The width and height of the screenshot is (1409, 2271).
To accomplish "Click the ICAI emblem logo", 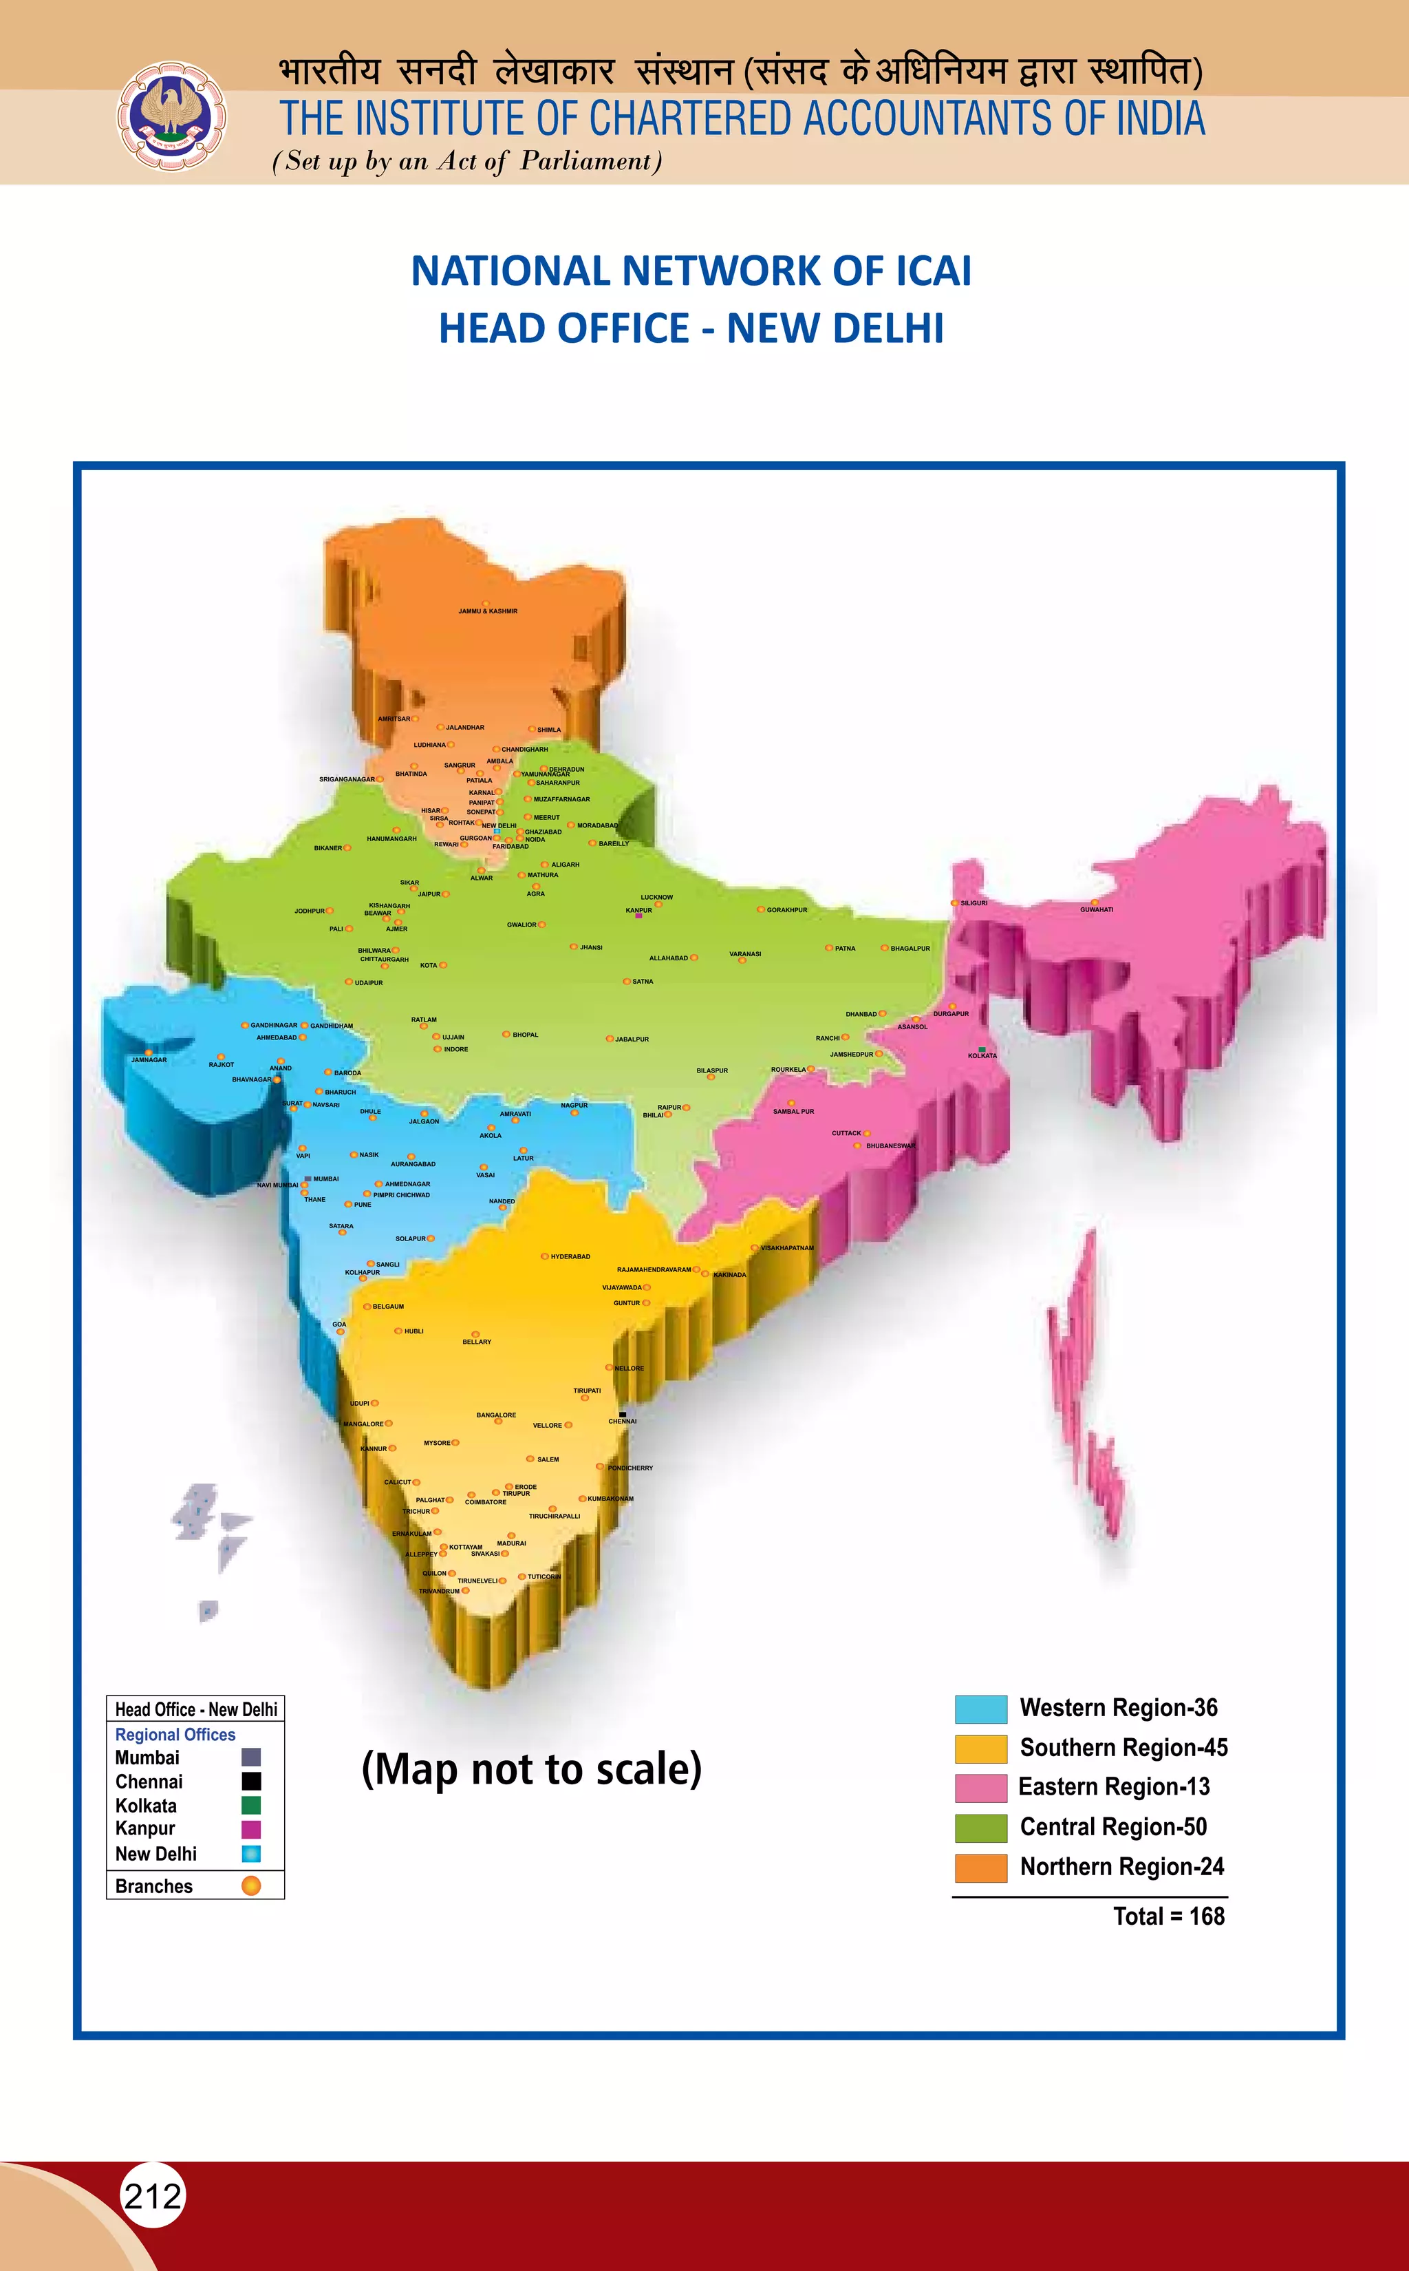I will (170, 116).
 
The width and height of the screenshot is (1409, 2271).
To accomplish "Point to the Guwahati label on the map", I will (1096, 910).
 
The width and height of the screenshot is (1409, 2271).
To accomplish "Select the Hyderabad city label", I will (570, 1257).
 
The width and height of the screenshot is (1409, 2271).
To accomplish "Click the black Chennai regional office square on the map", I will (623, 1414).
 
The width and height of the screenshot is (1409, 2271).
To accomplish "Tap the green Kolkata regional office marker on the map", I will (981, 1050).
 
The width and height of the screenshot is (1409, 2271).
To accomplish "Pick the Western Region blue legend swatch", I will (980, 1709).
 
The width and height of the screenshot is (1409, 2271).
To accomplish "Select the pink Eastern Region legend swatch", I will (980, 1788).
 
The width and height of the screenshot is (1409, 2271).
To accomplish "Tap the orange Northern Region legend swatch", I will (980, 1868).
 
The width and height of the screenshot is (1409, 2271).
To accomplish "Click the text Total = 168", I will (1169, 1916).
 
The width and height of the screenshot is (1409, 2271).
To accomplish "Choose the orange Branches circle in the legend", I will (250, 1886).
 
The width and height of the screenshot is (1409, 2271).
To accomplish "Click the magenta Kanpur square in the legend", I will (250, 1829).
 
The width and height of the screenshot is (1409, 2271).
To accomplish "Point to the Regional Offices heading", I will (175, 1735).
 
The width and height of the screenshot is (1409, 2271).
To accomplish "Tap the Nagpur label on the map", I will (574, 1106).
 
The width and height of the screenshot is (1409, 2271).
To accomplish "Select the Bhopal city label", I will (525, 1035).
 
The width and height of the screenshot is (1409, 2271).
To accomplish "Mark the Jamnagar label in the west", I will (149, 1060).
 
